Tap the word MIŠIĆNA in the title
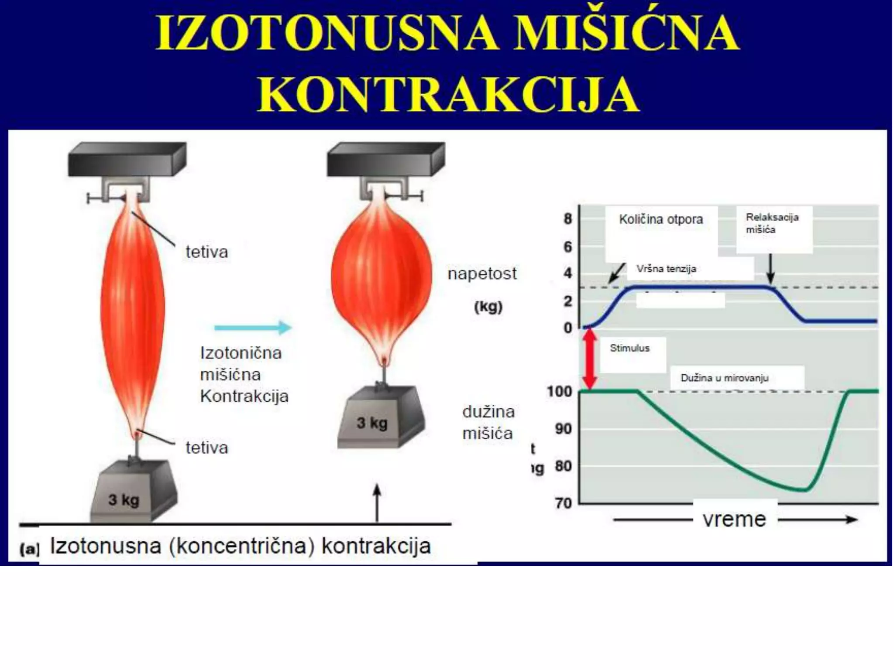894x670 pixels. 626,33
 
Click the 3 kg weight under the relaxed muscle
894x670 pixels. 133,492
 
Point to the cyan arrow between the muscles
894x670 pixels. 253,327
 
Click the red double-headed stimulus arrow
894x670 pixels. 590,359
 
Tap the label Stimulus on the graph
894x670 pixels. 629,348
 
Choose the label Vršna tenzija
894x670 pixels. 666,269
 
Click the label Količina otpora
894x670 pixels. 661,219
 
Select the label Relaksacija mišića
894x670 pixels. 772,223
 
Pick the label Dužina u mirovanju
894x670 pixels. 724,378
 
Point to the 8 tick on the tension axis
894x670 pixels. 567,219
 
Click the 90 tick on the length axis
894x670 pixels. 563,429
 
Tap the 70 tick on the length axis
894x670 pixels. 563,503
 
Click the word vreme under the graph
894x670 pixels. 734,520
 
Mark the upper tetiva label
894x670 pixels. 206,252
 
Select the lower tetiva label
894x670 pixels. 206,448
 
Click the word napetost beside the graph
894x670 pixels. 482,274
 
